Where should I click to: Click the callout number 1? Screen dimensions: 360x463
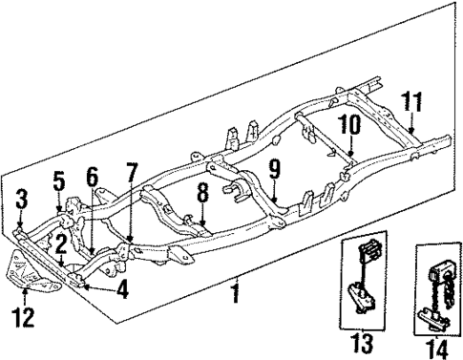pyautogui.click(x=235, y=292)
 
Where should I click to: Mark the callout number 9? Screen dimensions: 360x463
pyautogui.click(x=274, y=171)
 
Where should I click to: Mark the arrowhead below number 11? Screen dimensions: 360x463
pyautogui.click(x=410, y=129)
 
